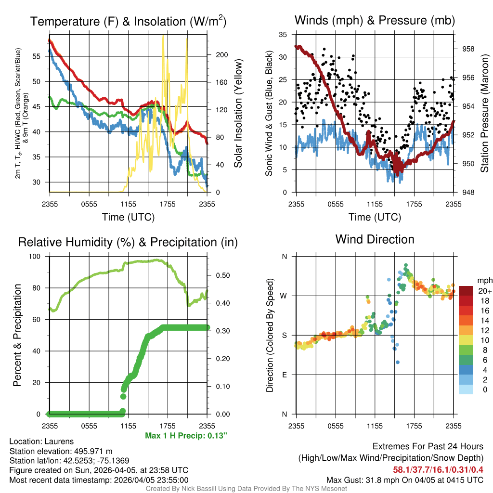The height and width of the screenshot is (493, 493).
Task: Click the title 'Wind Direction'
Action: [x=375, y=239]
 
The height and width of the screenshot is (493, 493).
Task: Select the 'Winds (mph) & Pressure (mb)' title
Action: [x=375, y=20]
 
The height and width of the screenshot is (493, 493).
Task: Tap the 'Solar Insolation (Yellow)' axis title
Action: [x=238, y=114]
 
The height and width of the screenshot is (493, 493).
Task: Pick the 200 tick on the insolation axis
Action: [x=221, y=55]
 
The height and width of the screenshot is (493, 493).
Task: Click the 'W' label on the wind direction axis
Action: [x=284, y=296]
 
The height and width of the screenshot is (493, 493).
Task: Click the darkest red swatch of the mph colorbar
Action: [x=466, y=291]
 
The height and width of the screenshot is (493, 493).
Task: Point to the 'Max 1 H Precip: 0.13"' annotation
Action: [x=186, y=436]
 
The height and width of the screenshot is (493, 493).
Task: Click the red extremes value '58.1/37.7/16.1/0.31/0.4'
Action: [x=438, y=469]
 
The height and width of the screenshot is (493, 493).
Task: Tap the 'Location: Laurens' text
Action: [x=41, y=441]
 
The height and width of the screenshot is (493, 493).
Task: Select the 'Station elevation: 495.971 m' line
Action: [x=61, y=451]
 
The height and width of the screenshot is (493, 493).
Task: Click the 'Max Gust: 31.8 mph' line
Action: [x=405, y=480]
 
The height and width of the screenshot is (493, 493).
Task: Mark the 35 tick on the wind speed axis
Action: [x=283, y=35]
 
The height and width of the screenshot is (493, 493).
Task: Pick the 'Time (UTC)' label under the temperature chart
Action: [x=128, y=217]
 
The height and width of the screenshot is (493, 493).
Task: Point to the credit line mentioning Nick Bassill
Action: [x=246, y=489]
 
